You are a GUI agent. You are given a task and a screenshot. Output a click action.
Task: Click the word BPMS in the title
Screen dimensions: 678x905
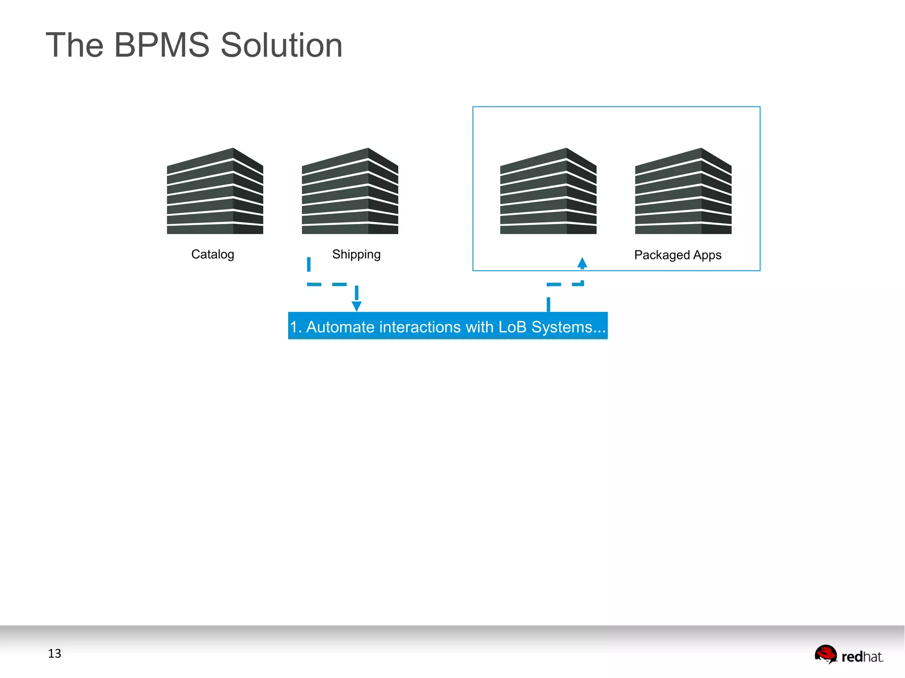click(x=162, y=45)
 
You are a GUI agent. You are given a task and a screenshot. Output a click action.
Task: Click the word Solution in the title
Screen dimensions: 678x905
click(x=281, y=45)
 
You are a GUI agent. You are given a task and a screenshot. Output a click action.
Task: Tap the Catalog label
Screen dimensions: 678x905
click(x=213, y=254)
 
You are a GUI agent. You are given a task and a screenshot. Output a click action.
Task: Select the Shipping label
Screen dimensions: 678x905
click(x=356, y=254)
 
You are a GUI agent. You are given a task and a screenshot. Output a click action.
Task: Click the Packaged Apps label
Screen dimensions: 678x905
click(x=677, y=255)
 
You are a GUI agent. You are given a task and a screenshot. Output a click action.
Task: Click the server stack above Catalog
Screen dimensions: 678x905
click(x=215, y=192)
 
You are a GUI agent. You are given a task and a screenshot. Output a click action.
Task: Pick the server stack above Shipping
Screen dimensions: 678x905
click(x=350, y=192)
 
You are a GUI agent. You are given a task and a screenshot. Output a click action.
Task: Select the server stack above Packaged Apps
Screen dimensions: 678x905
click(x=683, y=192)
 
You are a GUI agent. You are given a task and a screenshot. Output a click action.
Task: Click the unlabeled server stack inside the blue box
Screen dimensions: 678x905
click(x=548, y=192)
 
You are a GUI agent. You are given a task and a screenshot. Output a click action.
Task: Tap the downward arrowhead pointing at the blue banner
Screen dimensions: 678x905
click(x=357, y=306)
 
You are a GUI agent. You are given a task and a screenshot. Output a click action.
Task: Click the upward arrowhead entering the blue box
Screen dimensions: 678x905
click(x=582, y=263)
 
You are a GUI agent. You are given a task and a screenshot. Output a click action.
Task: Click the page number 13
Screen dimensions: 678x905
click(x=54, y=654)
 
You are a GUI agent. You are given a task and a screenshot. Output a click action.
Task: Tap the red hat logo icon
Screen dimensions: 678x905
click(x=825, y=654)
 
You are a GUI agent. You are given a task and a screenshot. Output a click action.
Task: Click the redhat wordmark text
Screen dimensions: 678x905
click(x=862, y=657)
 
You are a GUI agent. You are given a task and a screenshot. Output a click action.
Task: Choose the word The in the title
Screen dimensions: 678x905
click(x=75, y=45)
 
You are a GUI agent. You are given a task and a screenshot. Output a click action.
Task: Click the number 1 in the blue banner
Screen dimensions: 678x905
click(x=293, y=327)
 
